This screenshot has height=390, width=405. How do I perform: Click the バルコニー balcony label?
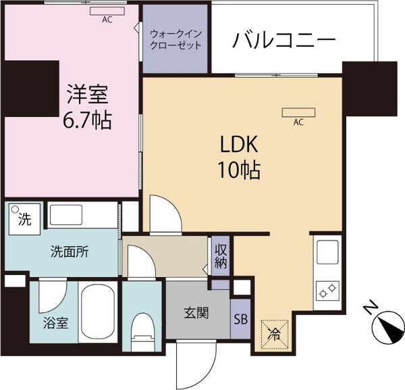pyautogui.click(x=284, y=41)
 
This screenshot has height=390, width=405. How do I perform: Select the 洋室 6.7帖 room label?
pyautogui.click(x=88, y=108)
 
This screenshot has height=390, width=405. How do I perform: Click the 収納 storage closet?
pyautogui.click(x=220, y=256)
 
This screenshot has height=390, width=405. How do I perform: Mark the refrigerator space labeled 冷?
pyautogui.click(x=274, y=333)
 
